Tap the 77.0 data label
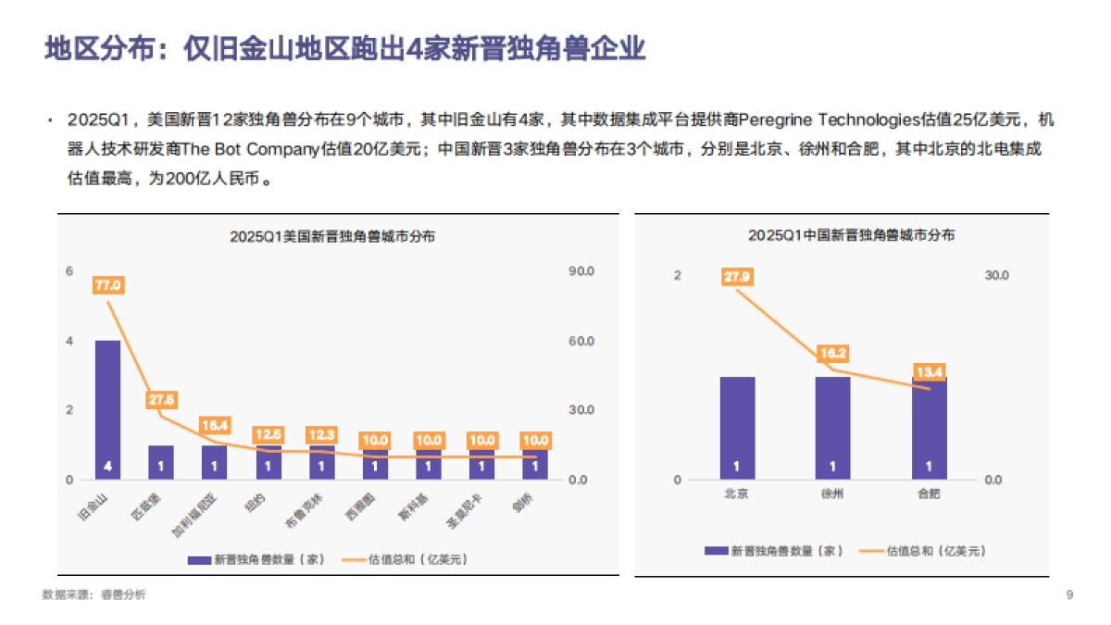point(108,285)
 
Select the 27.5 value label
point(161,400)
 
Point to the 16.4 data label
point(215,425)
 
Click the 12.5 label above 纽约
point(268,434)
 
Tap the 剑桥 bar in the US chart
point(535,464)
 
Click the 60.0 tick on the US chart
point(580,342)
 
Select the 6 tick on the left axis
point(69,271)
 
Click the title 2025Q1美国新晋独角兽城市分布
point(332,236)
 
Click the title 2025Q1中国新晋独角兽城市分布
point(852,236)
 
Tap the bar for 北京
point(737,428)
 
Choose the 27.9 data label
point(738,276)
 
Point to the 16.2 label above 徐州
point(832,353)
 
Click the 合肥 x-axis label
point(929,494)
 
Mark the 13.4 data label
point(929,372)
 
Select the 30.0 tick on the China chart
point(994,276)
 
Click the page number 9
point(1069,594)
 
